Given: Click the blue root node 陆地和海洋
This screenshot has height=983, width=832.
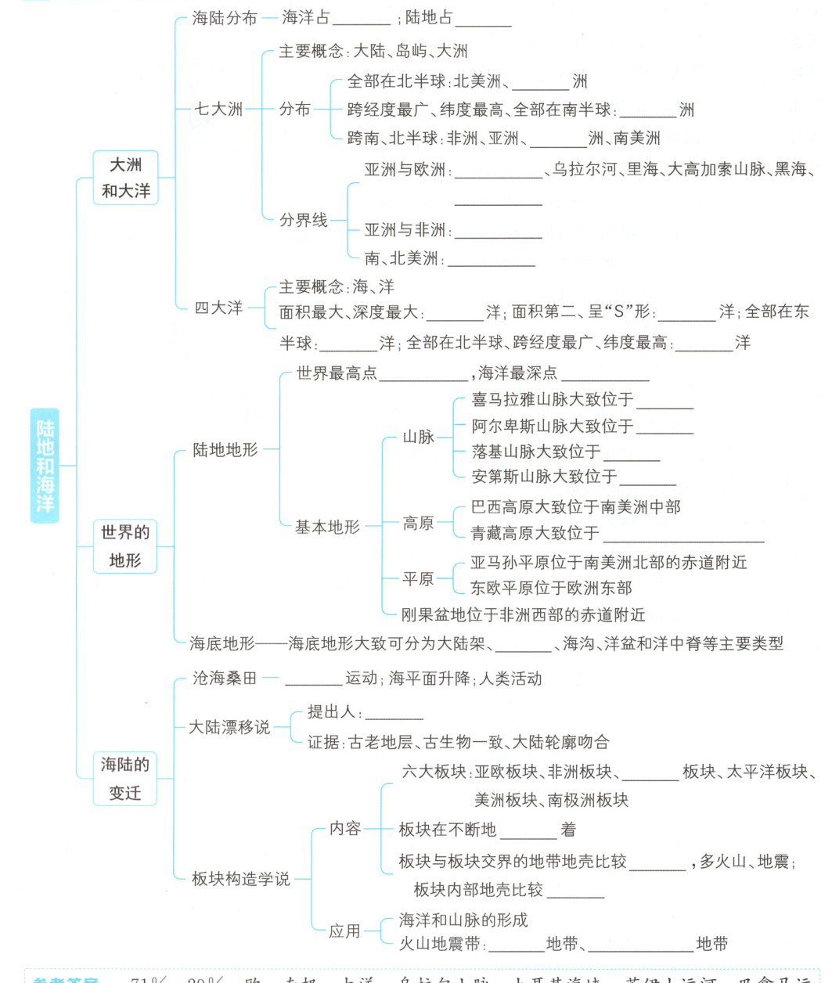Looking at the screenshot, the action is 45,465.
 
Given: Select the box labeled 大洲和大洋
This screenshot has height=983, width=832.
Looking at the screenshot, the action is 125,178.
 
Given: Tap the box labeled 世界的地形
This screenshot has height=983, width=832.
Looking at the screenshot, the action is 125,546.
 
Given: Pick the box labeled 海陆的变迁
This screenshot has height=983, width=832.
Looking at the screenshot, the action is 125,779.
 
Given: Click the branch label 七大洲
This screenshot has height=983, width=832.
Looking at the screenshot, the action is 218,109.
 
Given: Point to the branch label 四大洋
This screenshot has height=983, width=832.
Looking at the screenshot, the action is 218,308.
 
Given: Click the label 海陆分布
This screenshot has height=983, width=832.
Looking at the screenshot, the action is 225,18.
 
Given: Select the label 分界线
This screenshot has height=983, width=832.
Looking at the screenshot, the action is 304,220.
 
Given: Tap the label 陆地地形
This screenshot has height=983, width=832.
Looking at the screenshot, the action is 225,450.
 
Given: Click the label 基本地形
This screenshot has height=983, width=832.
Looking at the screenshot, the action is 327,527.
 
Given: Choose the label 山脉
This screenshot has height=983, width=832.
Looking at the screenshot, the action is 418,437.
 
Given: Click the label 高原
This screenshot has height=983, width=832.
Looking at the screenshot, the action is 418,523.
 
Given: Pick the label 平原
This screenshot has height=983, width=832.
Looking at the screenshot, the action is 418,579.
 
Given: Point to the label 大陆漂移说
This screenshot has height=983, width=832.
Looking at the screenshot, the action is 229,727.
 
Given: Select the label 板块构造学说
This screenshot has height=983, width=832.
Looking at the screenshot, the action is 240,879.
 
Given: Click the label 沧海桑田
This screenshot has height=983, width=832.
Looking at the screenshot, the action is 225,679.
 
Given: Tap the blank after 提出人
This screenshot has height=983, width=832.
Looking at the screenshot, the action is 394,714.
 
